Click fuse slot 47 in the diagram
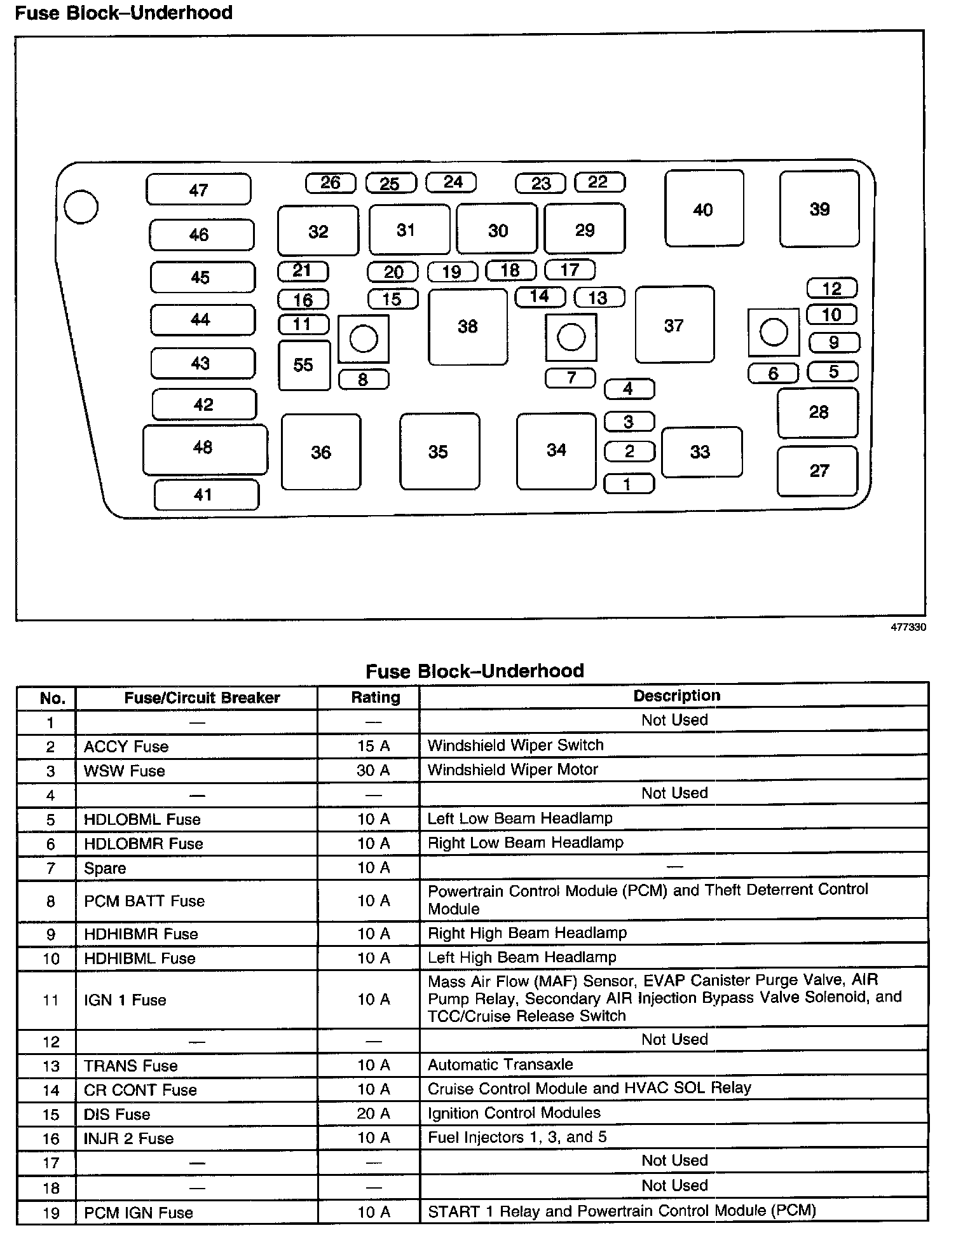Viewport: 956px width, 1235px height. coord(198,190)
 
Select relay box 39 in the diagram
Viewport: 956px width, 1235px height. coord(819,209)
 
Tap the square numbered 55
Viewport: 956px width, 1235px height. coord(304,365)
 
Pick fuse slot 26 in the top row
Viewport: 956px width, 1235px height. coord(331,183)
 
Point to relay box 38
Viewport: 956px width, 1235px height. coord(468,327)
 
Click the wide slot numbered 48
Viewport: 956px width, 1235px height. coord(204,448)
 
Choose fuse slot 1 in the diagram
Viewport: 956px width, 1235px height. coord(628,484)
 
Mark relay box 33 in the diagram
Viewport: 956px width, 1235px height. coord(700,452)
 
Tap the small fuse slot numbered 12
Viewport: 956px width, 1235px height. coord(831,289)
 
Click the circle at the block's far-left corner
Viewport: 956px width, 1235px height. coord(81,207)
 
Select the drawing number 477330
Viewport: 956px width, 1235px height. coord(908,627)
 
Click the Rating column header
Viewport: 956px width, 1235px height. coord(375,698)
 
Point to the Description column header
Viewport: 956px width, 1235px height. coord(676,696)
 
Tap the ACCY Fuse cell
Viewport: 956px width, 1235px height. coord(126,747)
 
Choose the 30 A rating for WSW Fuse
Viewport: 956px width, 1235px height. coord(373,771)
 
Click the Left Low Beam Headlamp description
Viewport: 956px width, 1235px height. coord(520,818)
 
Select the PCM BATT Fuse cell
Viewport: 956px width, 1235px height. coord(144,901)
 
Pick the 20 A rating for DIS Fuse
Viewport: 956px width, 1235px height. coord(373,1114)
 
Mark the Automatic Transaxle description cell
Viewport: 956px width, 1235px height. coord(500,1065)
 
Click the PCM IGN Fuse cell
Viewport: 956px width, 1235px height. coord(139,1212)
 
